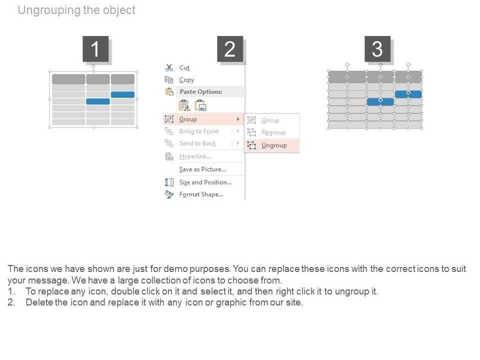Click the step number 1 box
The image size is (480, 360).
coord(95,48)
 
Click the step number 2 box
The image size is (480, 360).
coord(230,48)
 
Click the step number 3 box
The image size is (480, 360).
coord(377,48)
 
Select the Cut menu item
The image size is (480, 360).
coord(184,67)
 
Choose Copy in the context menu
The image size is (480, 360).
coord(186,80)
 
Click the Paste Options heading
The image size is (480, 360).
coord(201,91)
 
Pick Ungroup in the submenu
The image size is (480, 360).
coord(274,145)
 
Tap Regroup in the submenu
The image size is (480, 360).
coord(273,132)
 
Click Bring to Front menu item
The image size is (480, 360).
coord(199,131)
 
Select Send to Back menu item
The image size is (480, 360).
coord(197,143)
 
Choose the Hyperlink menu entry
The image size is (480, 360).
coord(195,156)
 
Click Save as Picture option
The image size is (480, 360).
coord(202,169)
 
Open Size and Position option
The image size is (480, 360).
coord(205,182)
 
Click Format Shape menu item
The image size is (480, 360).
coord(201,194)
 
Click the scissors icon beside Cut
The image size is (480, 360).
coord(169,67)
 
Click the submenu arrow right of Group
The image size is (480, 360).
coord(238,119)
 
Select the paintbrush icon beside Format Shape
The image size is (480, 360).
coord(169,194)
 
